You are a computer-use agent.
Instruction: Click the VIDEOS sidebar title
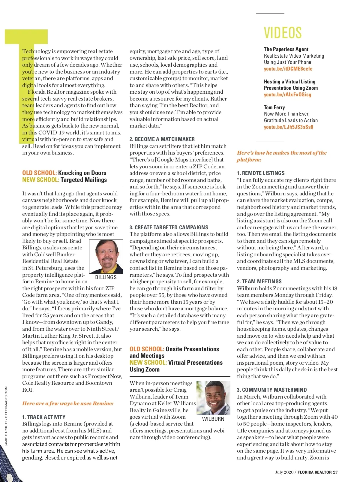(283, 33)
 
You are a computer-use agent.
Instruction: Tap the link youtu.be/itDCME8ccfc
(288, 69)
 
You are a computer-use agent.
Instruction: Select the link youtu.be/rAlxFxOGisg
(287, 95)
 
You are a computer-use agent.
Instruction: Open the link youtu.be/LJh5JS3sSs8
(288, 127)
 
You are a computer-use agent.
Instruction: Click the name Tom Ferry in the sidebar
(274, 107)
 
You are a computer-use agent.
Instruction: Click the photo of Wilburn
(213, 398)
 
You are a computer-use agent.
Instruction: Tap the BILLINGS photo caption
(106, 277)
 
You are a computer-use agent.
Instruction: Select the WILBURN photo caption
(213, 419)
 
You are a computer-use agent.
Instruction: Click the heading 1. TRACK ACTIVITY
(43, 417)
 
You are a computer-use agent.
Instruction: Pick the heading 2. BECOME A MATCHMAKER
(162, 139)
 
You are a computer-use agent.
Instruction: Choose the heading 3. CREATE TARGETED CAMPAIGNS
(169, 227)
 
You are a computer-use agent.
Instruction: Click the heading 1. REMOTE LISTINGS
(261, 173)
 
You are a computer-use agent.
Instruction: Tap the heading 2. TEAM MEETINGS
(259, 282)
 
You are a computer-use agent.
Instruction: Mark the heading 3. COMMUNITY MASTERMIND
(272, 390)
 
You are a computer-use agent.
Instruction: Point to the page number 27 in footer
(335, 472)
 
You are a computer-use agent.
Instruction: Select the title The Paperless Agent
(286, 49)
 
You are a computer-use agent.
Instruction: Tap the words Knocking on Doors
(82, 173)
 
